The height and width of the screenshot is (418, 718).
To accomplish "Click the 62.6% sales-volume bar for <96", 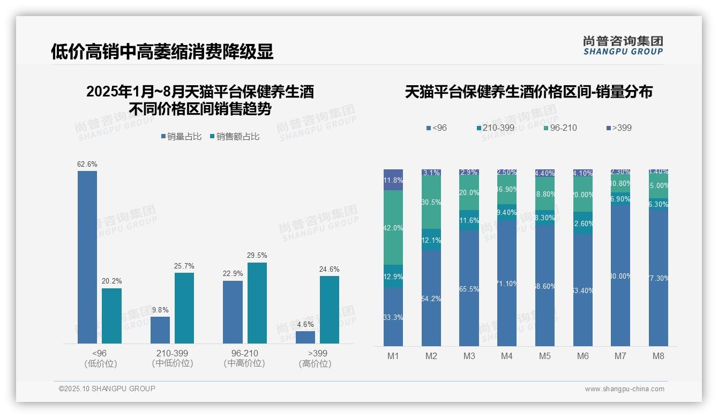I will [x=87, y=257].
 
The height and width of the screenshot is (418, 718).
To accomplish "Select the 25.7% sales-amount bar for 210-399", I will [x=184, y=308].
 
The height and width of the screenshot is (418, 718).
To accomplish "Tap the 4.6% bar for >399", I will [x=305, y=337].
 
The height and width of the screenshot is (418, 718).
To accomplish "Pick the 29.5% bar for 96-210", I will [x=257, y=303].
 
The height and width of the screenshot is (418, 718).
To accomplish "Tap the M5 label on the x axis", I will [x=545, y=356].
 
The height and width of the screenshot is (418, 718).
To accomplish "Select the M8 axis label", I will [x=659, y=356].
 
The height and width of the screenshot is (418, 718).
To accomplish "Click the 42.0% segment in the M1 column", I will [x=393, y=228].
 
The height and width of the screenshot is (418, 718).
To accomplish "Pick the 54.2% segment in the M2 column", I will [x=431, y=298].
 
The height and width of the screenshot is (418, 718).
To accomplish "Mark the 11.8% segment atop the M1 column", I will [x=393, y=180].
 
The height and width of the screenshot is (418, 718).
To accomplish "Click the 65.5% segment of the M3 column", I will [x=469, y=288].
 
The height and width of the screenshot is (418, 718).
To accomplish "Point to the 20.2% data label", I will [x=111, y=281].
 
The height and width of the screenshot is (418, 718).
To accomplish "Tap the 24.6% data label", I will [x=330, y=269].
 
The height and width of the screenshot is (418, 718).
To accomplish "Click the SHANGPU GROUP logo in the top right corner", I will [x=623, y=46].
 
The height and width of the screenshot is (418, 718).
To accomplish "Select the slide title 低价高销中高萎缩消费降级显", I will [x=162, y=51].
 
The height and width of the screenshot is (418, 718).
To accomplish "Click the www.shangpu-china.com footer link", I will [x=624, y=389].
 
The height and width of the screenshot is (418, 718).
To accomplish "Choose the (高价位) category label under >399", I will [x=315, y=363].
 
